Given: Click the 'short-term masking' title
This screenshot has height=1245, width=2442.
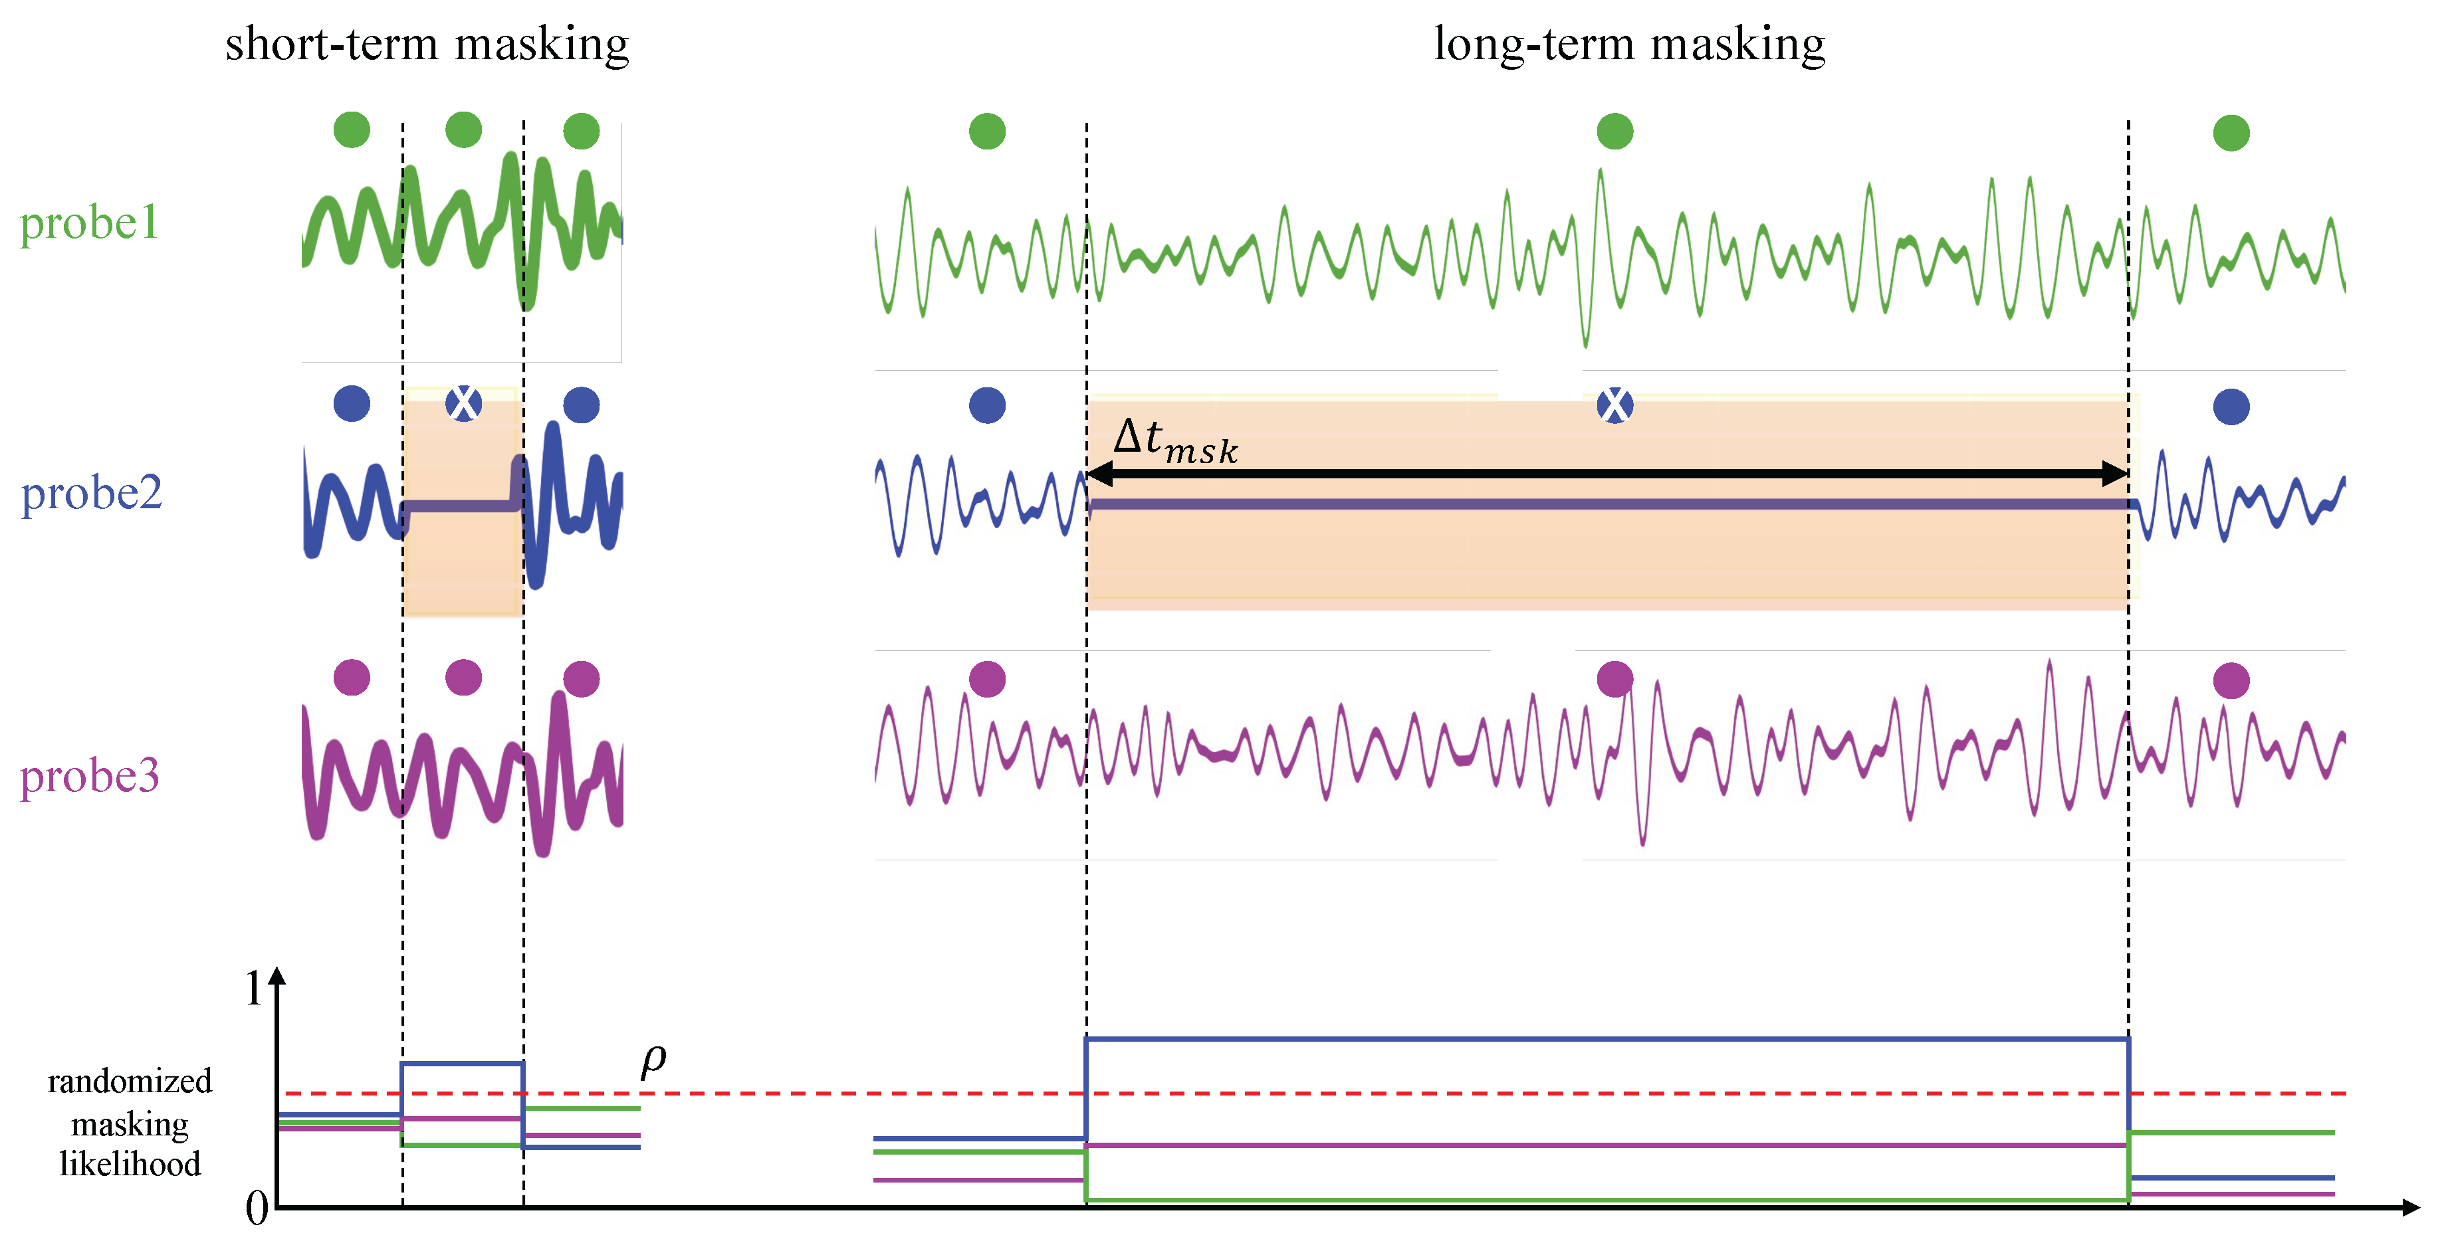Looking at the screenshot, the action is pos(427,45).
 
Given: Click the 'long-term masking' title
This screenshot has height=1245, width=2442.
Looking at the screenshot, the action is pos(1628,45).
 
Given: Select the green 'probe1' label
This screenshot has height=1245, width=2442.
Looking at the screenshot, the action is pos(89,224).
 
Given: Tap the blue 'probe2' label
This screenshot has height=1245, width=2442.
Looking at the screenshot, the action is pos(91,494).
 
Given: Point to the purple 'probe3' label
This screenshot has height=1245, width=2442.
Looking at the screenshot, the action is pos(89,776).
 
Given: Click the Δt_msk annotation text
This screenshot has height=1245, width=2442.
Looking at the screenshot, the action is pos(1176,440).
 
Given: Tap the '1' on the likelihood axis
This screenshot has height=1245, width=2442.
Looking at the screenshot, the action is pos(254,989).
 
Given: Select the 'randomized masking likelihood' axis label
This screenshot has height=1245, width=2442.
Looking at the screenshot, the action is pos(130,1123).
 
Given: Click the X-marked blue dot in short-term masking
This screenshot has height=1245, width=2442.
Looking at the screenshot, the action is pos(463,405).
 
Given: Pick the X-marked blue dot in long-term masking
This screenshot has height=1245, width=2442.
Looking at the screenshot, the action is pos(1614,405).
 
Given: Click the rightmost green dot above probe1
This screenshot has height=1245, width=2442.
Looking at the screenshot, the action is pos(2231,133).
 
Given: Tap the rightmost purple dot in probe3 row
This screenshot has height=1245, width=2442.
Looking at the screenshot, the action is pos(2231,680).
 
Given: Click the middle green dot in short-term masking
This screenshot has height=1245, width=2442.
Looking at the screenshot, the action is pos(463,130).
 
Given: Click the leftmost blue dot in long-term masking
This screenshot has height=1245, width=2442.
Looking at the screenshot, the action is pos(987,405).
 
